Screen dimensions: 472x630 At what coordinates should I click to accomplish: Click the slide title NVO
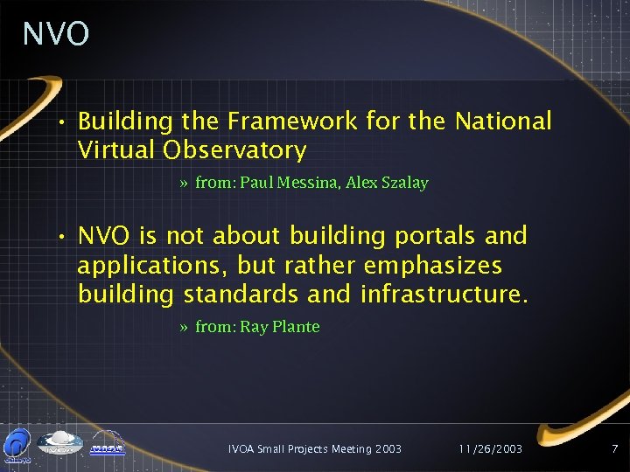tap(56, 34)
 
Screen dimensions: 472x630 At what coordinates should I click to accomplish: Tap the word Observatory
tap(234, 150)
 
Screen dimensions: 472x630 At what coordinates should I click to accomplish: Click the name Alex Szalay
tap(387, 183)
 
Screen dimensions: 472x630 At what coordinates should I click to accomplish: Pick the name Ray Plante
tap(280, 327)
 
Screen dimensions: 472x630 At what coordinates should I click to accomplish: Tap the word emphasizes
tap(445, 265)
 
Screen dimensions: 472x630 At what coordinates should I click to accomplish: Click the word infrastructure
tap(444, 294)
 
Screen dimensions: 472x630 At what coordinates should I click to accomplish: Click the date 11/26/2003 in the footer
tap(490, 448)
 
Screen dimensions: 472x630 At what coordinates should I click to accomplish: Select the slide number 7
tap(614, 448)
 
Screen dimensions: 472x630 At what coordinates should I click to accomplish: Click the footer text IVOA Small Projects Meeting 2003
tap(314, 448)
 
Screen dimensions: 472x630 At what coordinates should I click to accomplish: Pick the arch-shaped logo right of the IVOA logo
tap(108, 444)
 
